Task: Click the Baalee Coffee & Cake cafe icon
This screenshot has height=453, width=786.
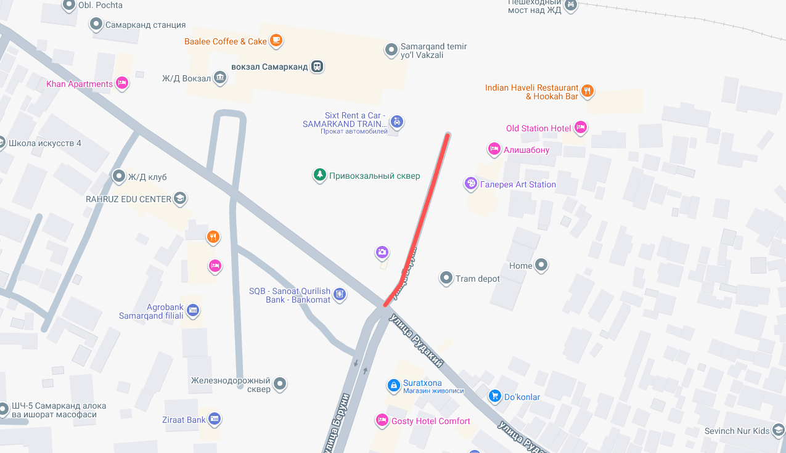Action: (x=276, y=41)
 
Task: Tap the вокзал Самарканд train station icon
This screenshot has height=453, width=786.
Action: (x=317, y=67)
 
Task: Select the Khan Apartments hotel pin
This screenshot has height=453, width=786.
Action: (x=122, y=83)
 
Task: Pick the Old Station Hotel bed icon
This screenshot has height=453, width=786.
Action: (x=580, y=128)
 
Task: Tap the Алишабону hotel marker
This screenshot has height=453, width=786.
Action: (x=494, y=149)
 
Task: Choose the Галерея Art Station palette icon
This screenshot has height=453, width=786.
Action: (x=471, y=184)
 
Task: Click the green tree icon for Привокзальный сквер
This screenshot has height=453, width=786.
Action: (x=319, y=176)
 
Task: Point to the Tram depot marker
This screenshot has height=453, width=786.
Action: (x=446, y=279)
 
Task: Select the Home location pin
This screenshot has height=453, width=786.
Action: (x=541, y=266)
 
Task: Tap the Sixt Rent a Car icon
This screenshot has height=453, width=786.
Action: (x=398, y=122)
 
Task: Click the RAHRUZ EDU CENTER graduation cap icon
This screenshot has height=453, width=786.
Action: (x=179, y=199)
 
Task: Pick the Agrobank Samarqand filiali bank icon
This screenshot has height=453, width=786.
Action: (x=193, y=309)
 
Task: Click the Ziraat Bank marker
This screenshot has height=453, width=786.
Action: (x=215, y=420)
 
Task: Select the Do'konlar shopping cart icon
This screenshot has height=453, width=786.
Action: (x=494, y=396)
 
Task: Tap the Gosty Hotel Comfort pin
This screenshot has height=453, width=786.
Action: (x=382, y=421)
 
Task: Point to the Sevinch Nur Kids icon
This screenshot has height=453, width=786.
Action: (x=779, y=431)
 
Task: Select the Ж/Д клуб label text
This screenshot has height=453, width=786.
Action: (x=147, y=178)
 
